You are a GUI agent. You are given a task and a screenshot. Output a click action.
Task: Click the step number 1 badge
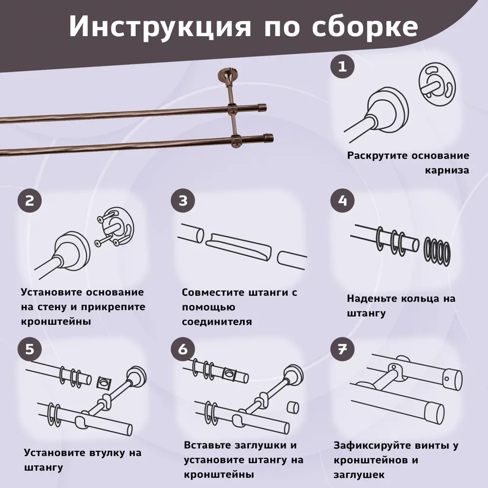(x=343, y=66)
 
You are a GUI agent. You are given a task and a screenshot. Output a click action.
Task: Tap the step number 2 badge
(x=30, y=201)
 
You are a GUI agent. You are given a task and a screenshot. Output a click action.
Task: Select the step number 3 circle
(x=183, y=201)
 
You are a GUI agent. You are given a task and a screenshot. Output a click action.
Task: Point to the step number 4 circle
(x=343, y=201)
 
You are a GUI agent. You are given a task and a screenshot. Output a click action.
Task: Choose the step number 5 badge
(x=30, y=349)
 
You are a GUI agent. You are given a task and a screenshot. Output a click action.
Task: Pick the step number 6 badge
(x=183, y=349)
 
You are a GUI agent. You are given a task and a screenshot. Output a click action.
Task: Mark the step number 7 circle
(x=343, y=349)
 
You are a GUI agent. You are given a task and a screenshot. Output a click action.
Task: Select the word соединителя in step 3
(x=217, y=322)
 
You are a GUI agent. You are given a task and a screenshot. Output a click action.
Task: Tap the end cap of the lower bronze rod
(x=268, y=138)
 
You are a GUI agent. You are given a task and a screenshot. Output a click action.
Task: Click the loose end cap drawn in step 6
(x=292, y=407)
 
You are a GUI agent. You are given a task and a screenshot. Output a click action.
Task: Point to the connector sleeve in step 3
(x=239, y=247)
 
